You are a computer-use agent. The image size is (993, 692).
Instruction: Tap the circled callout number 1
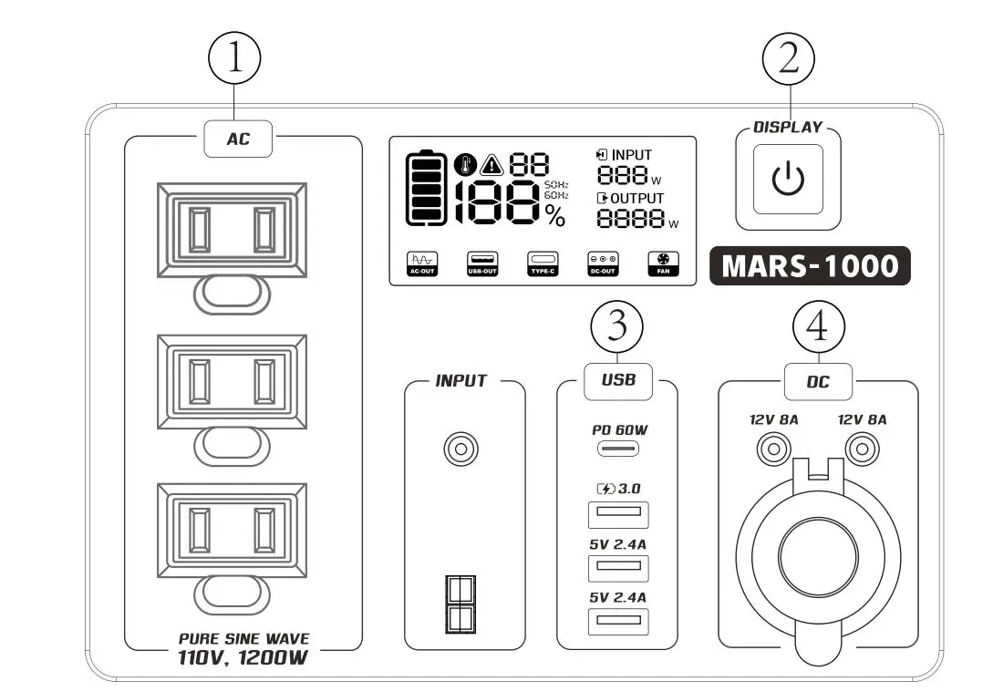pos(235,61)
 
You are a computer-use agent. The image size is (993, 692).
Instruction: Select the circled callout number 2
pos(788,61)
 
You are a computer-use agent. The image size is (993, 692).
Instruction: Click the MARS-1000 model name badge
pos(810,266)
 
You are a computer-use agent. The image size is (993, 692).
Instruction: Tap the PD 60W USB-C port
pos(617,449)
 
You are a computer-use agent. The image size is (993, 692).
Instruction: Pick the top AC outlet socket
pos(232,228)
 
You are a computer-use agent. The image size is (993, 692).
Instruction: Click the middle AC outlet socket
pos(232,381)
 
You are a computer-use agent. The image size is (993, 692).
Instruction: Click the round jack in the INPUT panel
pos(461,449)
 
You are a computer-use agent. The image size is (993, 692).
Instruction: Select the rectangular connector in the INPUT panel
pos(459,604)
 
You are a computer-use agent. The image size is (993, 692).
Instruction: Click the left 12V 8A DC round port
pos(773,449)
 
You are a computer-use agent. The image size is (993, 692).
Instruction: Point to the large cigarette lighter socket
pos(818,547)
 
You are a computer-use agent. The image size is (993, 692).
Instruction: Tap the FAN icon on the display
pos(658,263)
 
